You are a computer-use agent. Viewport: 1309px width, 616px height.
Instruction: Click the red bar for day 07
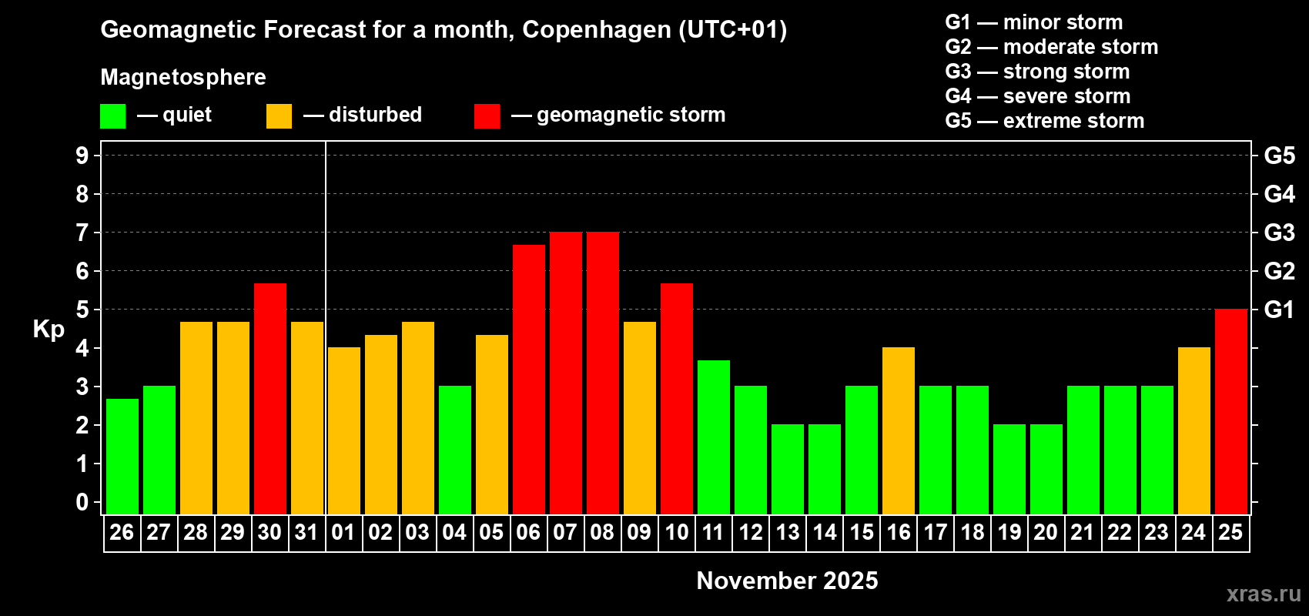566,373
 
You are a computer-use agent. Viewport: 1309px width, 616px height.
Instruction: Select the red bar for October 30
270,399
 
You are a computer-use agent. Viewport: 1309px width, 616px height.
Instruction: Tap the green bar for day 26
122,457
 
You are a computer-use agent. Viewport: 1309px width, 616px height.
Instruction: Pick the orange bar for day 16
899,431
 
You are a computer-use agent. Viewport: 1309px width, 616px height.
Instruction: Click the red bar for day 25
1231,412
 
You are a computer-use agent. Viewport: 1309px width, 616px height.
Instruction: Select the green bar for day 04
455,450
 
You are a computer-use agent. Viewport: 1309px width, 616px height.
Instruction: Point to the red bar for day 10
677,399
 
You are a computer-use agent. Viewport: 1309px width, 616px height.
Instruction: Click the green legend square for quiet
113,116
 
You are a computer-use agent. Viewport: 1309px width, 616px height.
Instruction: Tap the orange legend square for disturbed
279,116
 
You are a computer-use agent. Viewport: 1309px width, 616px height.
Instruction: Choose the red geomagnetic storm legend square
487,116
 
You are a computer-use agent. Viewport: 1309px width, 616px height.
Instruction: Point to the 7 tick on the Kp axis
82,233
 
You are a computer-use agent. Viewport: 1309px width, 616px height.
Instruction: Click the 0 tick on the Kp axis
82,502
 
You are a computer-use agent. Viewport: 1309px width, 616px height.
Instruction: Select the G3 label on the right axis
1279,233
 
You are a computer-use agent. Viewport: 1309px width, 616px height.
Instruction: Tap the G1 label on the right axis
1279,310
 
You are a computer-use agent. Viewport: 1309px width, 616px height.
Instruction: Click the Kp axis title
49,330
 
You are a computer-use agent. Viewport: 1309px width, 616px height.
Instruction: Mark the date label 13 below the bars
787,533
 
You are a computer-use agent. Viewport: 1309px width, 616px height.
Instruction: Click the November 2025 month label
787,581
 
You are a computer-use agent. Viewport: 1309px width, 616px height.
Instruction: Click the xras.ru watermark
1264,594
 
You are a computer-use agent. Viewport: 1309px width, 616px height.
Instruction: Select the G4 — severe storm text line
1038,96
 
